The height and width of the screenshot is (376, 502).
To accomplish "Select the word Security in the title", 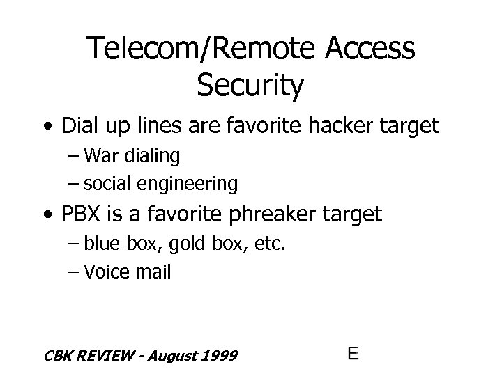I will coord(250,85).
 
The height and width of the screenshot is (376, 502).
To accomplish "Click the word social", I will coord(105,184).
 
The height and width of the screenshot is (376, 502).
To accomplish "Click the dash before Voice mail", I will coord(73,272).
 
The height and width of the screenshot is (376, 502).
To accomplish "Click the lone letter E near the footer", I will coord(353,353).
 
